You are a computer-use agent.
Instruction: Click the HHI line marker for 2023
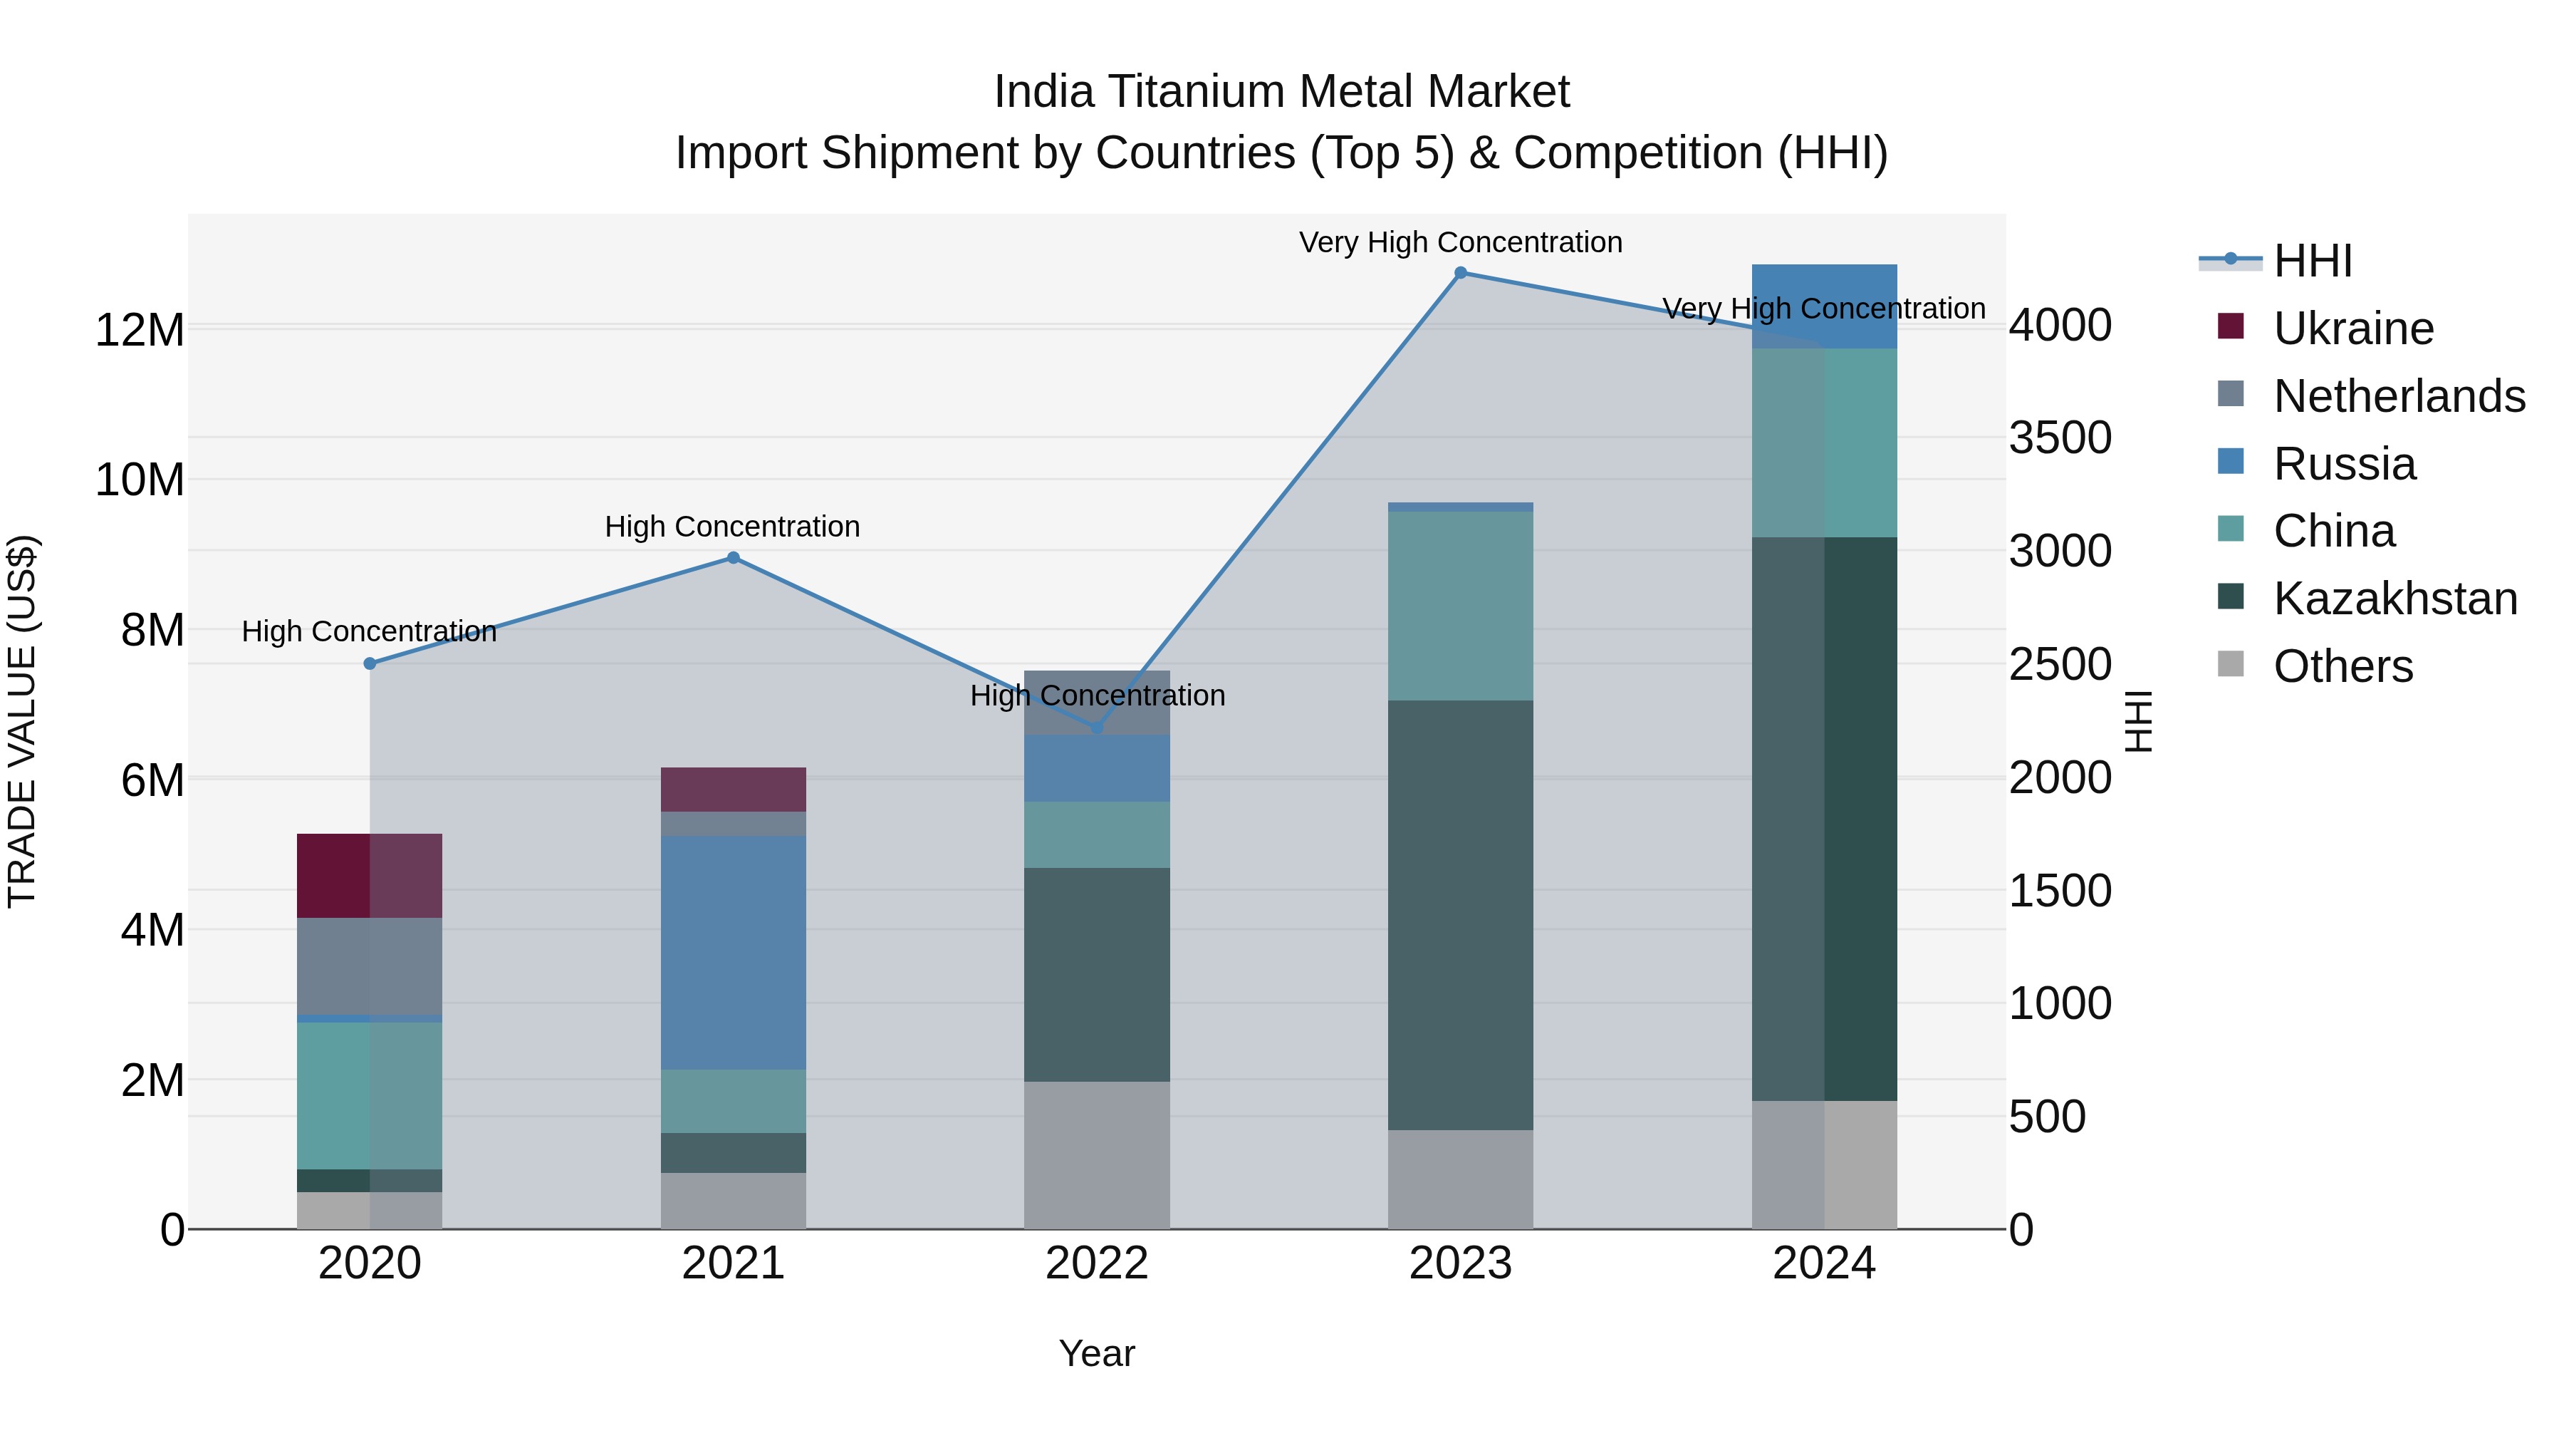(x=1460, y=273)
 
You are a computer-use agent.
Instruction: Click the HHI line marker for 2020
(x=369, y=663)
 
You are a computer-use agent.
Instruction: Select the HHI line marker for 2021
(x=734, y=558)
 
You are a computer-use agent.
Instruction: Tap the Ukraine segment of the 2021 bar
(x=734, y=789)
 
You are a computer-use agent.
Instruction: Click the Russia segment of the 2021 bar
(x=734, y=952)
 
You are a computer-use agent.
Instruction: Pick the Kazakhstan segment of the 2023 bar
(x=1460, y=914)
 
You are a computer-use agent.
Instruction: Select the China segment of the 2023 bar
(x=1460, y=606)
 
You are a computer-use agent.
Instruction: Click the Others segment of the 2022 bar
(x=1097, y=1154)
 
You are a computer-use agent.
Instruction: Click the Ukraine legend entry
(x=2353, y=329)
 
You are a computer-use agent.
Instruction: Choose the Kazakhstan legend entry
(x=2394, y=599)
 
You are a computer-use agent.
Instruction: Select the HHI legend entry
(x=2312, y=261)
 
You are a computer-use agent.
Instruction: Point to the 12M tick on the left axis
(x=140, y=330)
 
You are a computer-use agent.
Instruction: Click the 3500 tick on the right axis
(x=2059, y=438)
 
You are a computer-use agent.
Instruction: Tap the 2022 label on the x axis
(x=1097, y=1263)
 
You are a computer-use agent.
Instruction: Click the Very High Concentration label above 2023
(x=1460, y=242)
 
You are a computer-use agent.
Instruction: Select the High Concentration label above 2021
(x=733, y=526)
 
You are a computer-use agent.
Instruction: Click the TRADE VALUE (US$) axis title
(x=22, y=721)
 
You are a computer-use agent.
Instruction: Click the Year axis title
(x=1097, y=1353)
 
